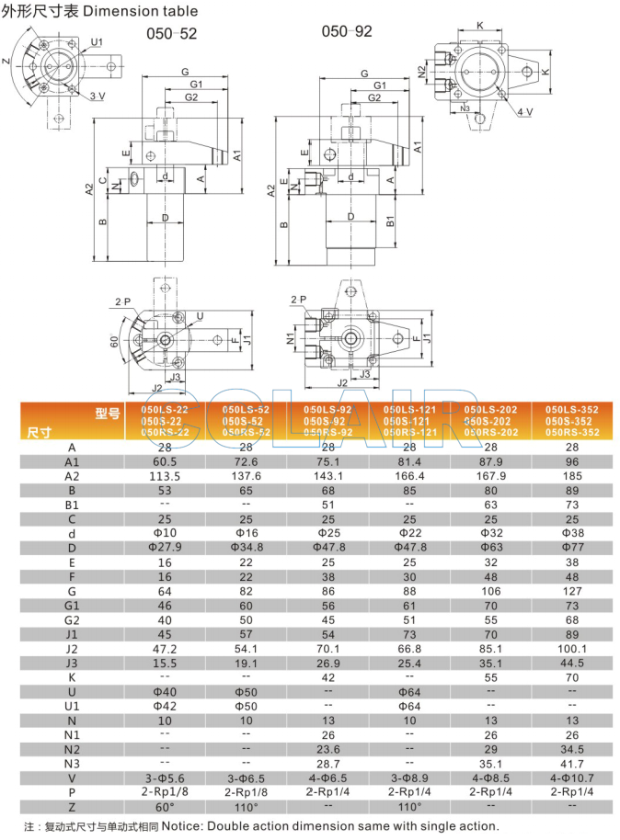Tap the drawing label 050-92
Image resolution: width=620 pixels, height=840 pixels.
point(347,31)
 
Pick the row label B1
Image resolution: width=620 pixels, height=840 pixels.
point(72,505)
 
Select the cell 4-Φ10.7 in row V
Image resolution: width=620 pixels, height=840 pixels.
point(571,776)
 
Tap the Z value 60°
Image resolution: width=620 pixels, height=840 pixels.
point(166,806)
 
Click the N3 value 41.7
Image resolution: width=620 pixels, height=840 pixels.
point(571,762)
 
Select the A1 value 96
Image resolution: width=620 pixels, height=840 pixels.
point(571,461)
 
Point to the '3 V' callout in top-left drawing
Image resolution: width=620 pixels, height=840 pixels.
point(98,96)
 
